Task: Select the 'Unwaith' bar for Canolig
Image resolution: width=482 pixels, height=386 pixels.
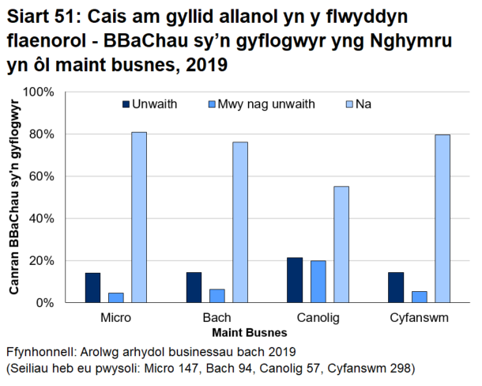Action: (294, 280)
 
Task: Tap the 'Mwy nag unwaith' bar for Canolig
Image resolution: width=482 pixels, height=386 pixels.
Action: (318, 282)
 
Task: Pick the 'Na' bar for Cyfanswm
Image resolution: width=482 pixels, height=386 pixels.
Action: (442, 218)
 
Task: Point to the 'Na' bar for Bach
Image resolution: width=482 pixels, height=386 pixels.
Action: (240, 222)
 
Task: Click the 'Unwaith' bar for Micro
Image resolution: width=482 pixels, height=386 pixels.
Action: (92, 288)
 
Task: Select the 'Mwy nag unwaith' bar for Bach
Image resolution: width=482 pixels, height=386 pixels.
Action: (217, 296)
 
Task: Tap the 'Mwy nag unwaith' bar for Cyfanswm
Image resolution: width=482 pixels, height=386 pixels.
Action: (420, 297)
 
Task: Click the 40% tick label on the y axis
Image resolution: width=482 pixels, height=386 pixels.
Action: (42, 218)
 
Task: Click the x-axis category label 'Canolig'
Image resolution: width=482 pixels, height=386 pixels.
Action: (318, 317)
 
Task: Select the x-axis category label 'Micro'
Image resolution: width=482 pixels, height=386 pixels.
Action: (116, 317)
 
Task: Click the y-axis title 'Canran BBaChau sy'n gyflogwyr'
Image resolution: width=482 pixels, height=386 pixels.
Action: (13, 197)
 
